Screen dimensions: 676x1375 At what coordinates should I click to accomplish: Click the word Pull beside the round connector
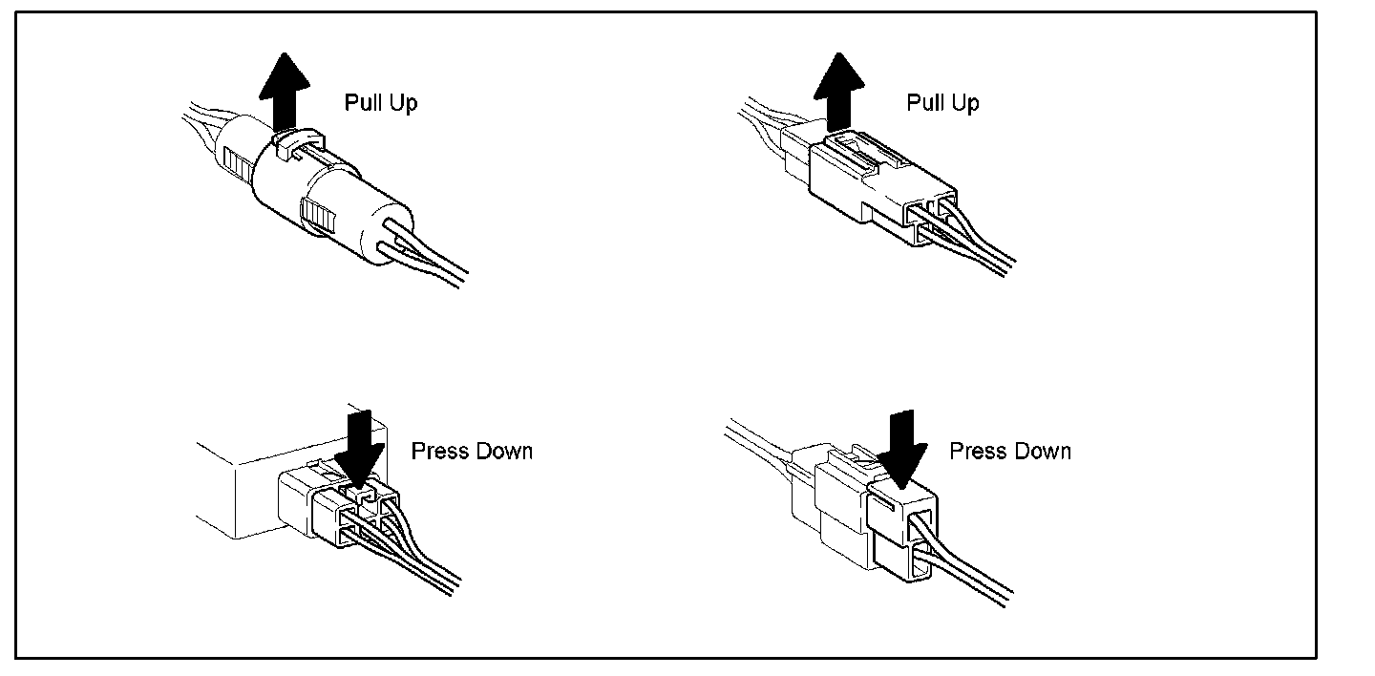pos(362,102)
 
